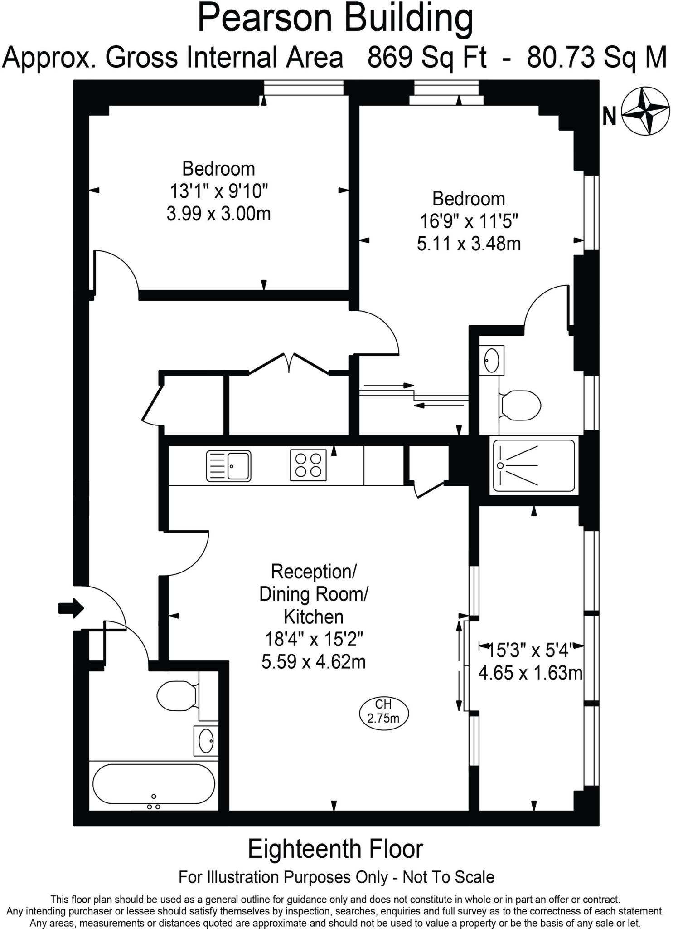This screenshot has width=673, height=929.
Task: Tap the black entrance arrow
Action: click(x=71, y=607)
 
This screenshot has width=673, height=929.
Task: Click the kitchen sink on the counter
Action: click(x=228, y=466)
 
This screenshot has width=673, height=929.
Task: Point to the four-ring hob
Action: click(x=308, y=465)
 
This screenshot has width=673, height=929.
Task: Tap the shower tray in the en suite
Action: click(x=534, y=465)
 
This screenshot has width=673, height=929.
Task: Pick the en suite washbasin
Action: click(x=491, y=360)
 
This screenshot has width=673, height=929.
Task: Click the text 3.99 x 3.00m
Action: click(x=218, y=214)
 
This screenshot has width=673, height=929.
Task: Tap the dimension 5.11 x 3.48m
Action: click(x=469, y=244)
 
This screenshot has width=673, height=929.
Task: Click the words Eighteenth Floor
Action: click(x=335, y=849)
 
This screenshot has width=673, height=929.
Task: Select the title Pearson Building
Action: click(x=335, y=18)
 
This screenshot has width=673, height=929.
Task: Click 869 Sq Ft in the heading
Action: click(x=426, y=58)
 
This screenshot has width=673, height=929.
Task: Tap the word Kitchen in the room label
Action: click(x=314, y=616)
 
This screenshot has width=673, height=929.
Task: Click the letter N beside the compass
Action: click(x=609, y=117)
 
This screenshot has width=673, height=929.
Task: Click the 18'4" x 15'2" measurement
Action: click(x=314, y=639)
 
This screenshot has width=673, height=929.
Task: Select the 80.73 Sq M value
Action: click(x=596, y=58)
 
